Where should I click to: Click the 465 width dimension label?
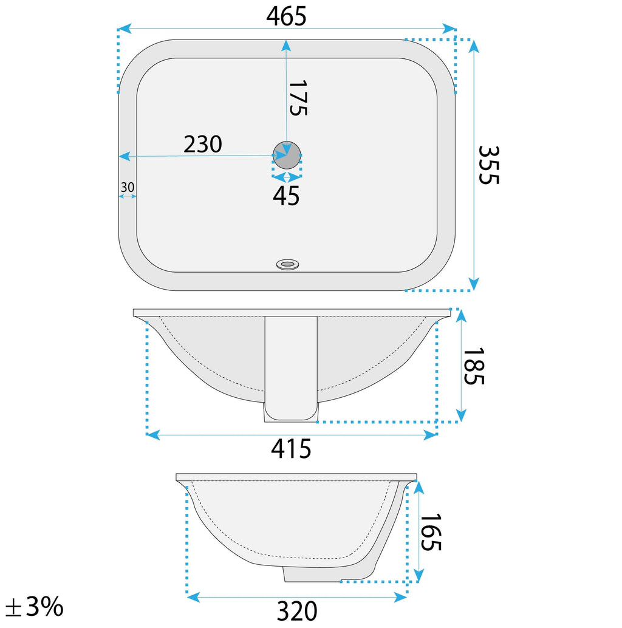[286, 16]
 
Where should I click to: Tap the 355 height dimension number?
[488, 165]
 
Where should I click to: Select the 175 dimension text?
[298, 98]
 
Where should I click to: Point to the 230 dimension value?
[203, 144]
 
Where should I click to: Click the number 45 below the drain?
[286, 196]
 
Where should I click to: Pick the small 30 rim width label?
[128, 187]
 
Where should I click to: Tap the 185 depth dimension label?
[473, 366]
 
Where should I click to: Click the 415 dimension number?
[291, 449]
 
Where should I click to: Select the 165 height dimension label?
[431, 532]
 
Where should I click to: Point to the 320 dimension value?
[297, 611]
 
